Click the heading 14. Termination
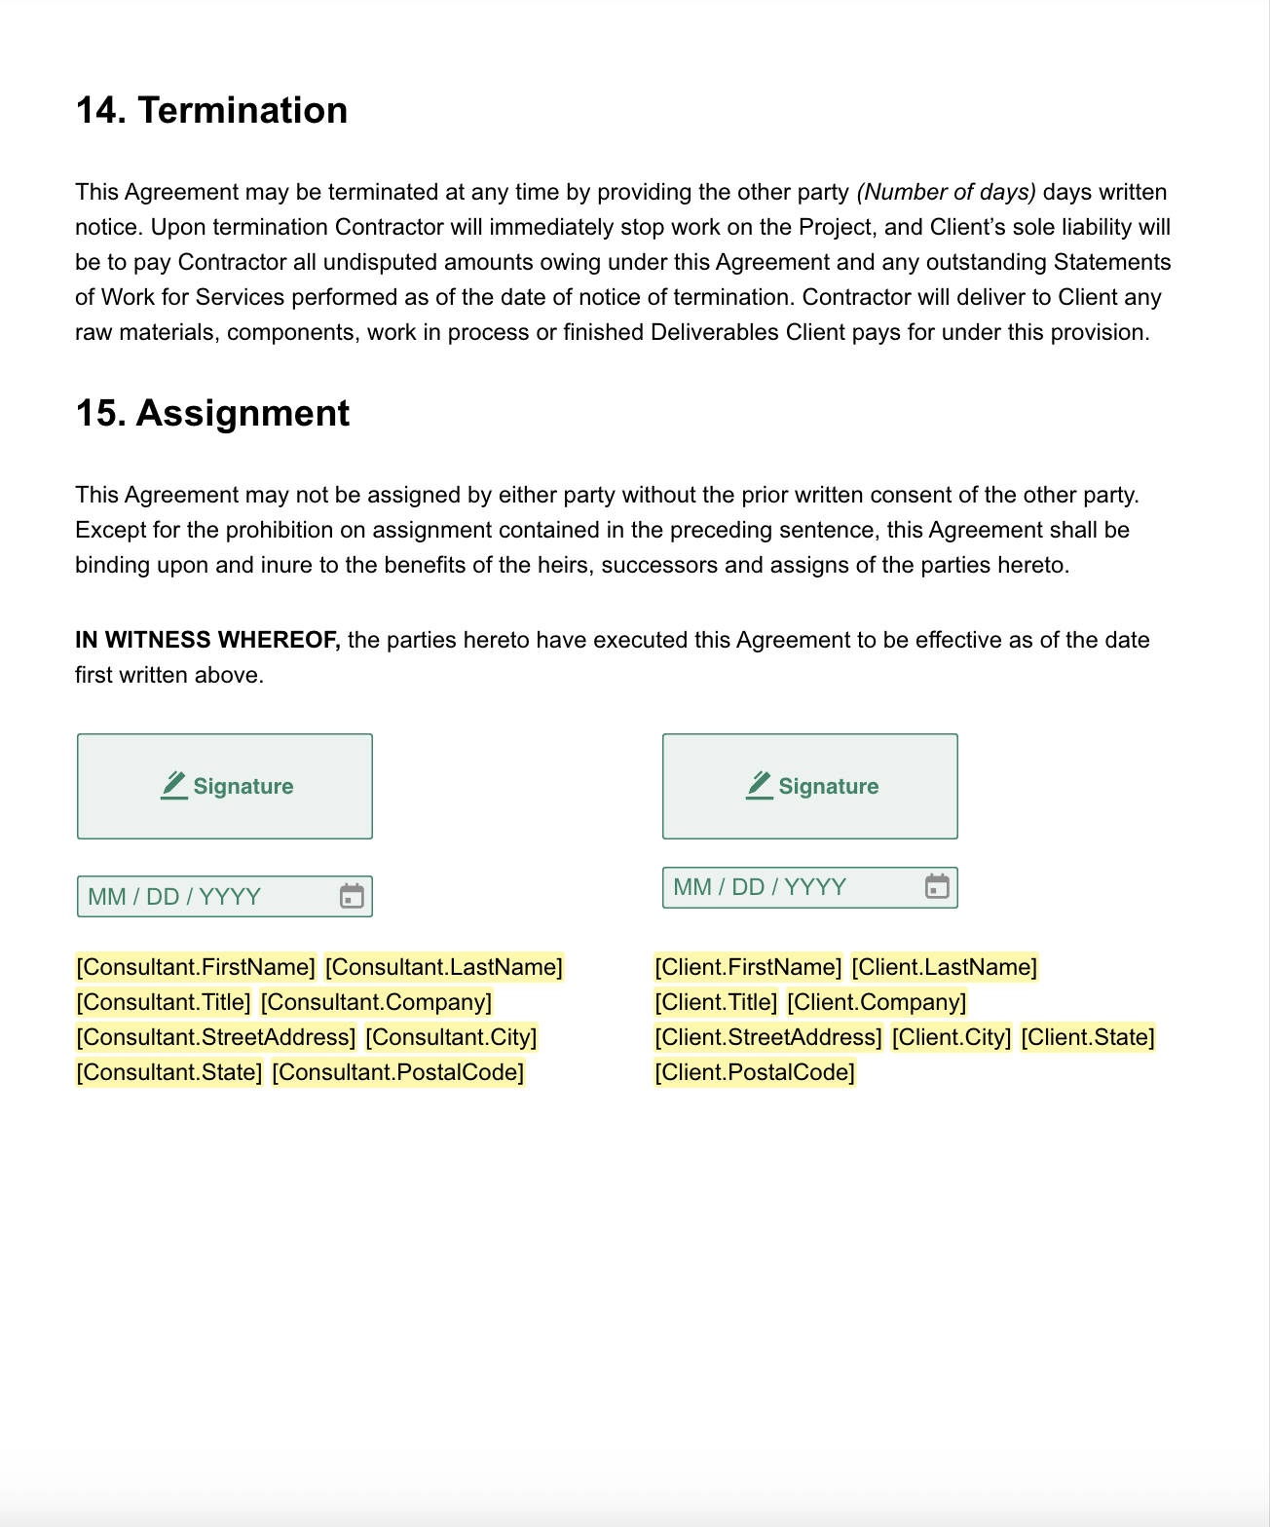211,111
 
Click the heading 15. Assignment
212,414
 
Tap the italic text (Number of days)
946,193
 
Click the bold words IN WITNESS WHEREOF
207,641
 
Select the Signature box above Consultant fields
225,787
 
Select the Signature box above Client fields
810,787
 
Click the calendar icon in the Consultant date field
352,897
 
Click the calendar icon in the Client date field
937,887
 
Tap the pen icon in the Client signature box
760,785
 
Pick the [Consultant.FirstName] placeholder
196,968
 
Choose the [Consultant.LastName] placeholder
444,968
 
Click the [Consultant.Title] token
164,1003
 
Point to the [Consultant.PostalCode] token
398,1073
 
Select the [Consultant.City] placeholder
451,1038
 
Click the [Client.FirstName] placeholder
748,968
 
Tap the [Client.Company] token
877,1003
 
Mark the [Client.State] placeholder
1088,1038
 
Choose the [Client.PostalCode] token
755,1073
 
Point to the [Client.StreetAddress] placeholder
768,1038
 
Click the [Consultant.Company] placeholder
377,1003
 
